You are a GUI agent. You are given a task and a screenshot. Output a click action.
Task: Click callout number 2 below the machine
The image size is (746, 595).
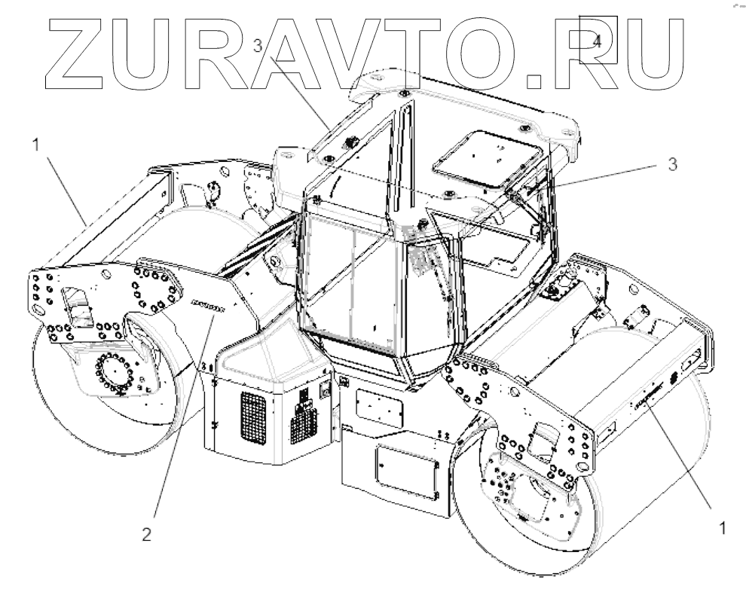tap(148, 536)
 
